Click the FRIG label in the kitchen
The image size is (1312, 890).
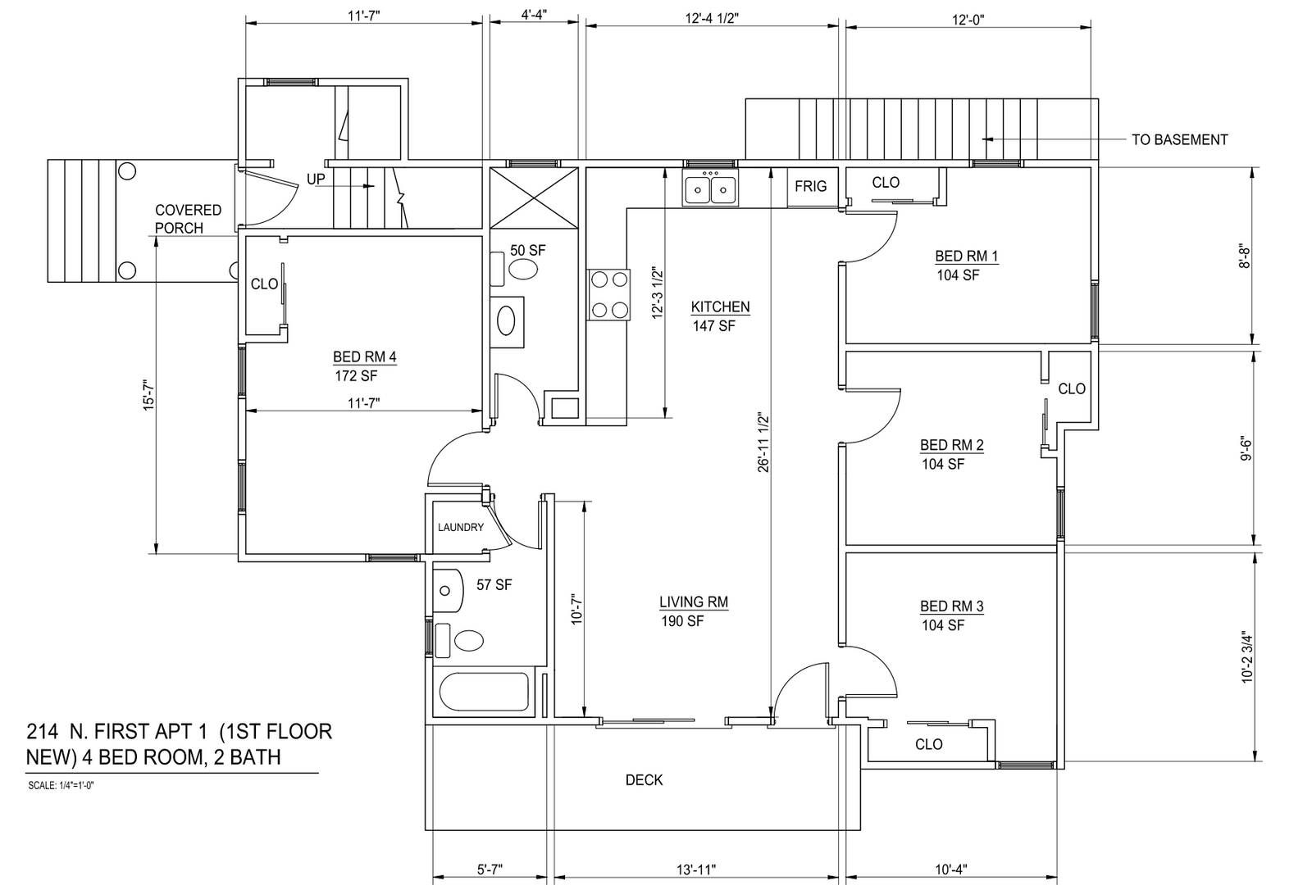[811, 186]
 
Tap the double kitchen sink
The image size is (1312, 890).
[710, 187]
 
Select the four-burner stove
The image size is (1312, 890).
[609, 294]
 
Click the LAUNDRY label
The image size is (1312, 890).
[461, 527]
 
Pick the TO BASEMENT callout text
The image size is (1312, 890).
[1180, 140]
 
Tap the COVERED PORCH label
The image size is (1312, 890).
[188, 219]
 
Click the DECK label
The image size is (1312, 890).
[645, 780]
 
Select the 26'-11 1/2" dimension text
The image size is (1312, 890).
[763, 442]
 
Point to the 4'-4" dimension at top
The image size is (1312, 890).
[534, 15]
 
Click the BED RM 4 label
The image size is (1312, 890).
[364, 356]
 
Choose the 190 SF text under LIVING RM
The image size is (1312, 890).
[682, 621]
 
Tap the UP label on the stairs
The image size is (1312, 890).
[316, 179]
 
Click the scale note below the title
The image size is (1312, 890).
[61, 786]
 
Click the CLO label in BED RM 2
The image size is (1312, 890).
[1072, 388]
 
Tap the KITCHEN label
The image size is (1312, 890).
[720, 307]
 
